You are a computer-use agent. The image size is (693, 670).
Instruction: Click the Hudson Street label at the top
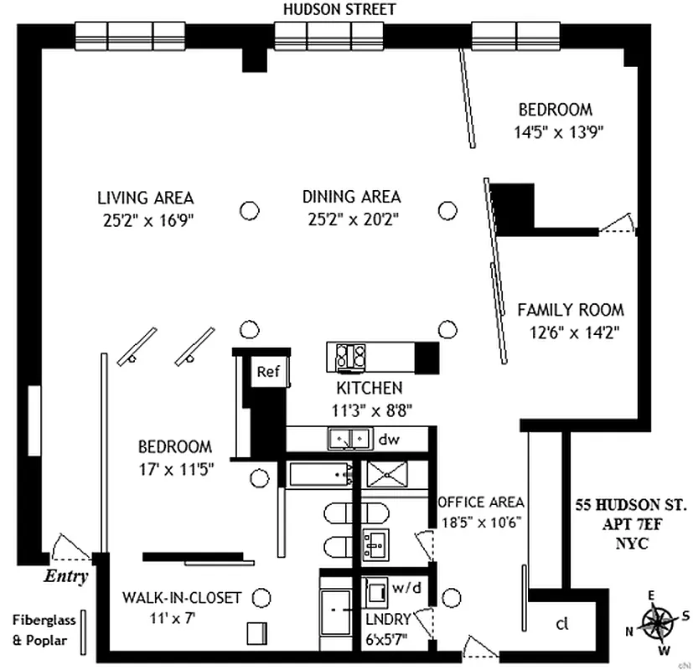[339, 9]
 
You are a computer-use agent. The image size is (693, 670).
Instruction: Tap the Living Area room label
[146, 198]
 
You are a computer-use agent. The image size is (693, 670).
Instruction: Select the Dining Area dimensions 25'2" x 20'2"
[353, 219]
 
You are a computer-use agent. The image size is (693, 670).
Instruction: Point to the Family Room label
[571, 310]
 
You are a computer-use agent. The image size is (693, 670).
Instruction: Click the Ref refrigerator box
[268, 372]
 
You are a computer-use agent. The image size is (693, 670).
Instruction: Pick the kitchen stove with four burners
[350, 356]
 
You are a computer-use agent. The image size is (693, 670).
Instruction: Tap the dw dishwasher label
[389, 439]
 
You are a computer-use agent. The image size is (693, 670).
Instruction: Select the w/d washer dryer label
[406, 587]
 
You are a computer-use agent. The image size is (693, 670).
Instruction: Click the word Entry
[66, 576]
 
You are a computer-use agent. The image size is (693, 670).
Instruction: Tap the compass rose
[658, 624]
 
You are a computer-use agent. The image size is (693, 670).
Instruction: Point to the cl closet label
[561, 624]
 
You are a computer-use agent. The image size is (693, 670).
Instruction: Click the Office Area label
[481, 502]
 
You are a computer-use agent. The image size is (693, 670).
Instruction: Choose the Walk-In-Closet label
[182, 598]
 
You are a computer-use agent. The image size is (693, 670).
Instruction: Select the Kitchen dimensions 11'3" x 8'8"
[372, 410]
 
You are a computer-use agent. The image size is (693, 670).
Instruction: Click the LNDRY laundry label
[389, 619]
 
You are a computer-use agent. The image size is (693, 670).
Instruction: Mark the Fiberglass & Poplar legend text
[44, 631]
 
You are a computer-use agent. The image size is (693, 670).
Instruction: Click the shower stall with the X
[386, 474]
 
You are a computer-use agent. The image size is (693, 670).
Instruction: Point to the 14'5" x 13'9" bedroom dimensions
[559, 131]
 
